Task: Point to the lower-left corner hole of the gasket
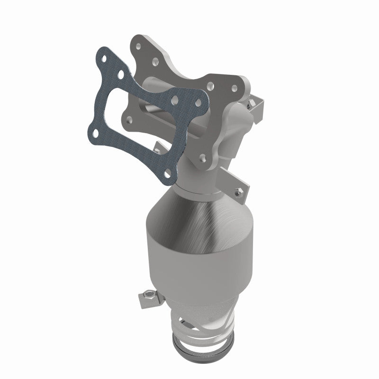click(96, 133)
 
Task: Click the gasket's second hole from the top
click(123, 75)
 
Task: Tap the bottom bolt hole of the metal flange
click(203, 156)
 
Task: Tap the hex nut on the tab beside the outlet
click(150, 296)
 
